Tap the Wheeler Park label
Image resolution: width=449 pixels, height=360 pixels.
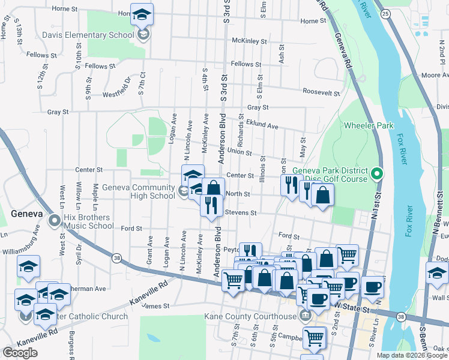(x=368, y=125)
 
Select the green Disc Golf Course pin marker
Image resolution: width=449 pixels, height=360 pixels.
(x=376, y=175)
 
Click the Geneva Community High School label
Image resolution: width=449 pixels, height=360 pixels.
(x=138, y=191)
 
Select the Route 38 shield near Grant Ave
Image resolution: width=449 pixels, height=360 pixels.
(x=116, y=258)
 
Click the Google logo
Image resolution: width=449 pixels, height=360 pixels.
(x=20, y=353)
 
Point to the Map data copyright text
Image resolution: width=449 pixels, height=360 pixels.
(x=411, y=355)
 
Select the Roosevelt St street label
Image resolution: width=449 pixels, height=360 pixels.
(x=321, y=93)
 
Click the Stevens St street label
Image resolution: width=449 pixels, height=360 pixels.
(x=241, y=212)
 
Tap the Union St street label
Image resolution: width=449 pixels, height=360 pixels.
(x=240, y=152)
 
